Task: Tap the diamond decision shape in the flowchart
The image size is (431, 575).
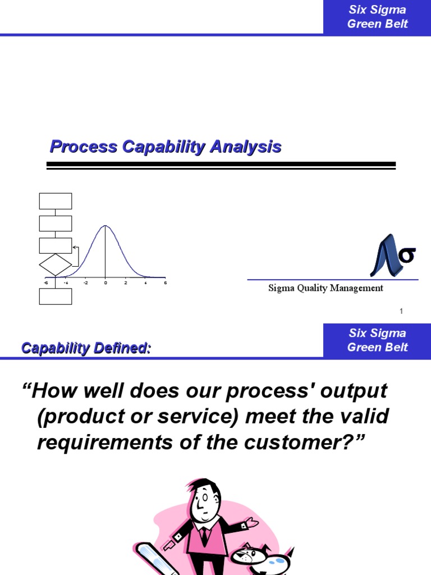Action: click(x=56, y=265)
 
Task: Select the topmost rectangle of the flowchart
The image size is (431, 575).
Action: click(x=56, y=201)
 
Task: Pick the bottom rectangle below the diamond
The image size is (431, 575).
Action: click(x=56, y=296)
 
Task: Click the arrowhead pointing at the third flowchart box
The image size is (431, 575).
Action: click(x=75, y=247)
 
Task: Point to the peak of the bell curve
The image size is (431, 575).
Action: click(x=106, y=226)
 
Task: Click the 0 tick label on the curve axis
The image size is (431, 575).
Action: click(x=106, y=283)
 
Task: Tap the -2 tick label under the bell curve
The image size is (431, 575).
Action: click(x=85, y=283)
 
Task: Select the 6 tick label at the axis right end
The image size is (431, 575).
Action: click(x=165, y=283)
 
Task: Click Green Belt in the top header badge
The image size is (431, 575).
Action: click(x=377, y=24)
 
